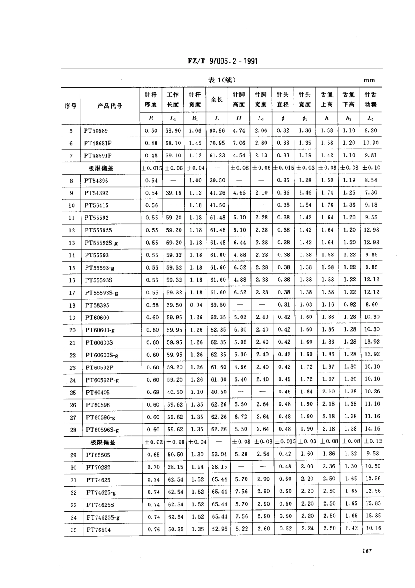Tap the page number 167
point(367,551)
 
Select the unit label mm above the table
point(369,80)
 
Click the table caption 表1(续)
point(222,80)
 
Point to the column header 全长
point(217,99)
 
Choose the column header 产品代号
point(110,106)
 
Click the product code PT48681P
point(98,143)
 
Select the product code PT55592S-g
point(101,243)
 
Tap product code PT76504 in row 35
point(98,530)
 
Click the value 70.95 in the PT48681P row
point(218,143)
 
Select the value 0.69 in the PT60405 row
point(151,392)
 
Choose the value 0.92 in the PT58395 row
point(349,304)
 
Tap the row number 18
point(72,305)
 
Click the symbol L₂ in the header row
point(370,118)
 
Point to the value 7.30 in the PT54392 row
point(371,192)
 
